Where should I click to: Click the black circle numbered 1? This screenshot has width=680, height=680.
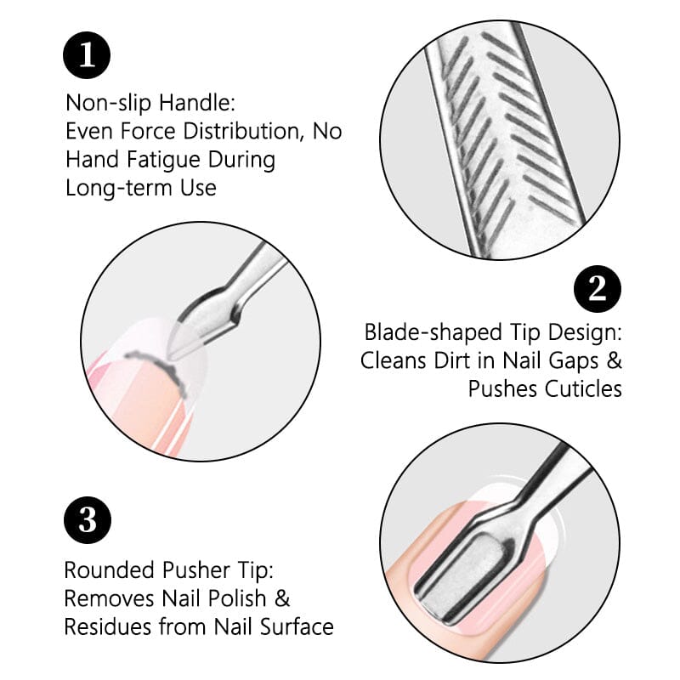(x=88, y=56)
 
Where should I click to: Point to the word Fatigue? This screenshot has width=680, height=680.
(x=173, y=159)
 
